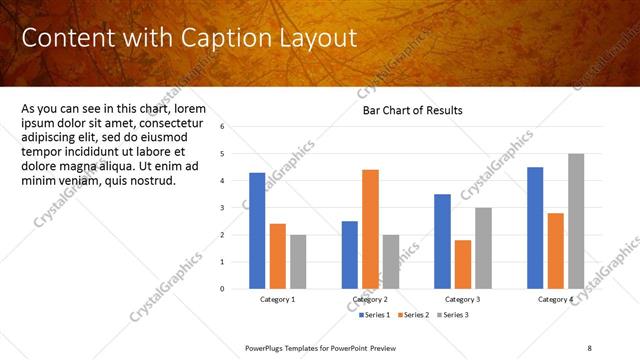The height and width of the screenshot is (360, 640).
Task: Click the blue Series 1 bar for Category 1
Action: click(257, 230)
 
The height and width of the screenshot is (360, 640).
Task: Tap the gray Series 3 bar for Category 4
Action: click(576, 221)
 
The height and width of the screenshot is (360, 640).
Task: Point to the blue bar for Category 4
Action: click(535, 228)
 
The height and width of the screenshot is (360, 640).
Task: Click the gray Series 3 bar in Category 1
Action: click(298, 261)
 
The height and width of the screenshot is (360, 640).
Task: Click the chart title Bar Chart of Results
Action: click(412, 111)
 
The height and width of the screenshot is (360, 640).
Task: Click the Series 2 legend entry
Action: click(415, 315)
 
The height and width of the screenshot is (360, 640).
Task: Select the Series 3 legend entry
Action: click(452, 315)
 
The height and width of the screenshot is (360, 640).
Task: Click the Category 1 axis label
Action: click(278, 299)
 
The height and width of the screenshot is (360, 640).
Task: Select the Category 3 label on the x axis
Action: click(462, 299)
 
